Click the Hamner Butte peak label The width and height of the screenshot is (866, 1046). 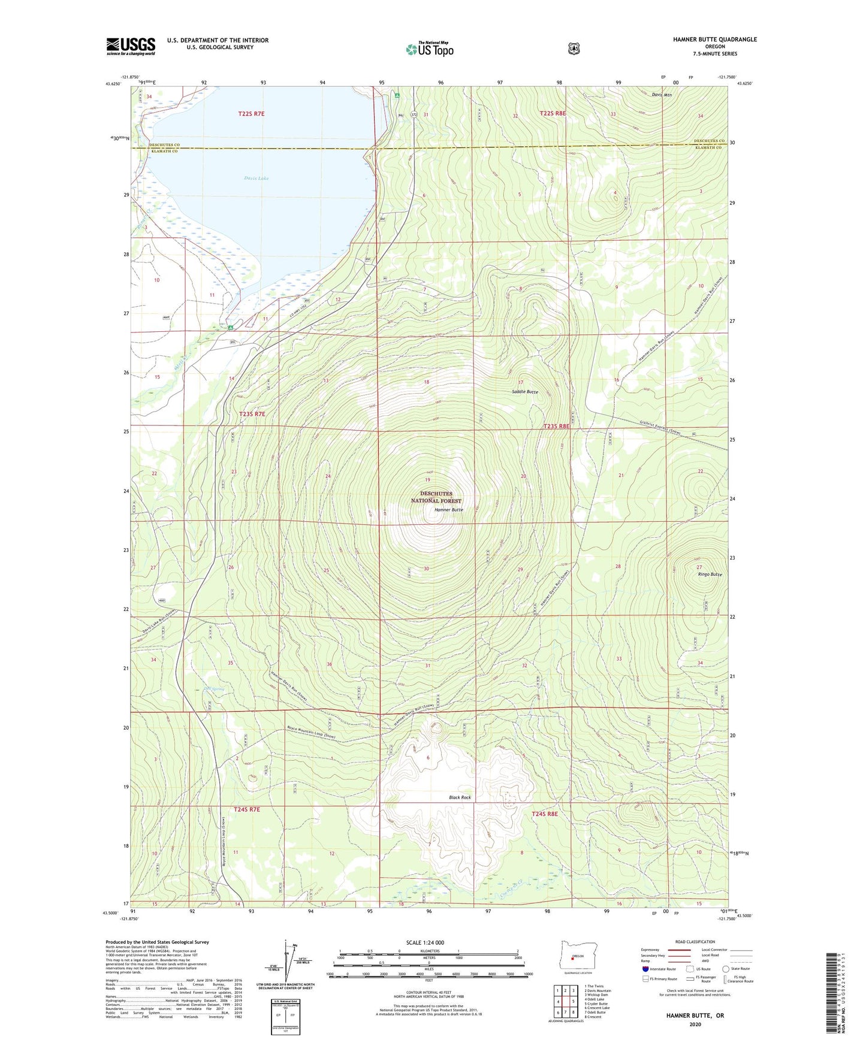(x=448, y=509)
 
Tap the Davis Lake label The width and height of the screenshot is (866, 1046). (x=257, y=178)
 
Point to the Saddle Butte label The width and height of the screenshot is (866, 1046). (x=524, y=392)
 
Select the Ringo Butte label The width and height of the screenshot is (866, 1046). (x=710, y=574)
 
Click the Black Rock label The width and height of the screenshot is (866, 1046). (x=460, y=797)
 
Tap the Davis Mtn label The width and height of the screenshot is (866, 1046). (x=662, y=95)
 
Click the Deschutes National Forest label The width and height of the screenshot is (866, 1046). (x=436, y=497)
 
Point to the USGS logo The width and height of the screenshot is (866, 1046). (x=131, y=46)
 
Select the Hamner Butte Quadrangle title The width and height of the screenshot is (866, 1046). (x=714, y=40)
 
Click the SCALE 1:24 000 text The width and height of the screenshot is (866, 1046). (x=425, y=942)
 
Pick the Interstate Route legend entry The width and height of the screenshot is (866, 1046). (x=659, y=969)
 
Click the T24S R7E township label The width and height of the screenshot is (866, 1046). (x=247, y=809)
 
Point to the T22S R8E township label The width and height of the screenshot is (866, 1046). (x=553, y=113)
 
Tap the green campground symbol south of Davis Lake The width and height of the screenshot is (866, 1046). (x=230, y=327)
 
